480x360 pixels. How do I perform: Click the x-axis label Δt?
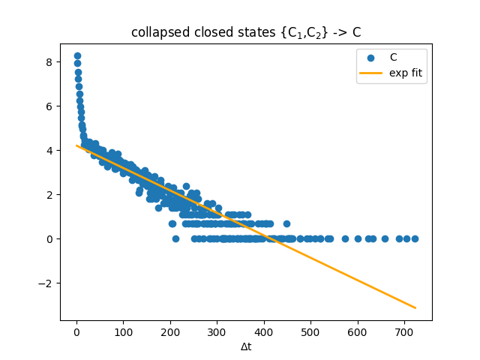[x=246, y=347]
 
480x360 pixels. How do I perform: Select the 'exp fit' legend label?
[x=404, y=73]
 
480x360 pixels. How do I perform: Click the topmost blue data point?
[x=77, y=56]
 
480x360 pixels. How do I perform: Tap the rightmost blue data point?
[x=415, y=238]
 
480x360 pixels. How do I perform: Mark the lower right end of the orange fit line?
[x=415, y=307]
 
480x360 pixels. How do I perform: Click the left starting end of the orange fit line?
[x=77, y=145]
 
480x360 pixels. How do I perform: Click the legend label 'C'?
[x=393, y=58]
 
